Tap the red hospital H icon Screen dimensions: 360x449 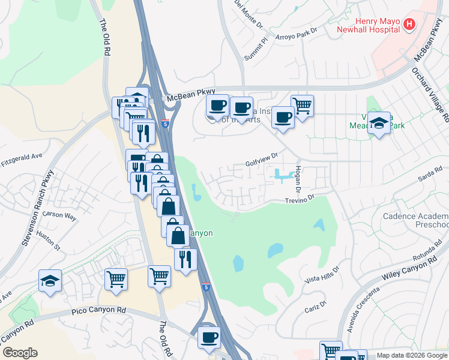[x=409, y=25]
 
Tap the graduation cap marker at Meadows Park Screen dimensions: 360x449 [x=379, y=123]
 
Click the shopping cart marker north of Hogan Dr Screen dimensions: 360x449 [x=302, y=106]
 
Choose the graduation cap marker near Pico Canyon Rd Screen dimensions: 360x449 [x=50, y=280]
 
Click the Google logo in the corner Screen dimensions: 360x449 [x=20, y=353]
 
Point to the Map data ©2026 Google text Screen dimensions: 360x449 [x=411, y=355]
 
